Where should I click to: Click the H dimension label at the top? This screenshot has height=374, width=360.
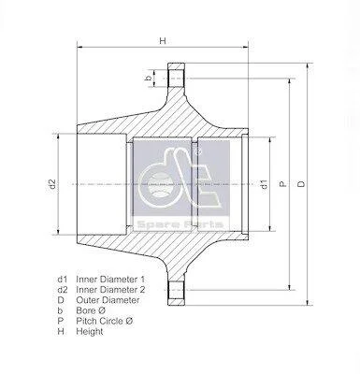(163, 40)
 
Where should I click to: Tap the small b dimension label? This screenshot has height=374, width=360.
(150, 79)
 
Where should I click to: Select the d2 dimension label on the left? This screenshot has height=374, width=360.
(52, 184)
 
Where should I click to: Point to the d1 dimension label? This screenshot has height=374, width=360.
(265, 184)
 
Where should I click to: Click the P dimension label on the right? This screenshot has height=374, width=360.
(283, 184)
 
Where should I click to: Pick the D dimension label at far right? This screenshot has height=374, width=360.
(301, 184)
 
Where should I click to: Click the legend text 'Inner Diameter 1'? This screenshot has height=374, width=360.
(110, 279)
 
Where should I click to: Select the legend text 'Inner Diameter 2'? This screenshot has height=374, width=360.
(110, 290)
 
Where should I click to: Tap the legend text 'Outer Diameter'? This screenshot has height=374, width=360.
(108, 300)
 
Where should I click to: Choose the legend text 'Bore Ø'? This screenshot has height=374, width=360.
(91, 310)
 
